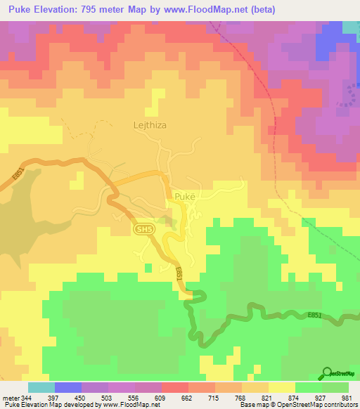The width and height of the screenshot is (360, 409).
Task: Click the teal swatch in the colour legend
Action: [x=41, y=387]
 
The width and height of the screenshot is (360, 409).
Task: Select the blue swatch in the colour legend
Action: [x=67, y=387]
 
